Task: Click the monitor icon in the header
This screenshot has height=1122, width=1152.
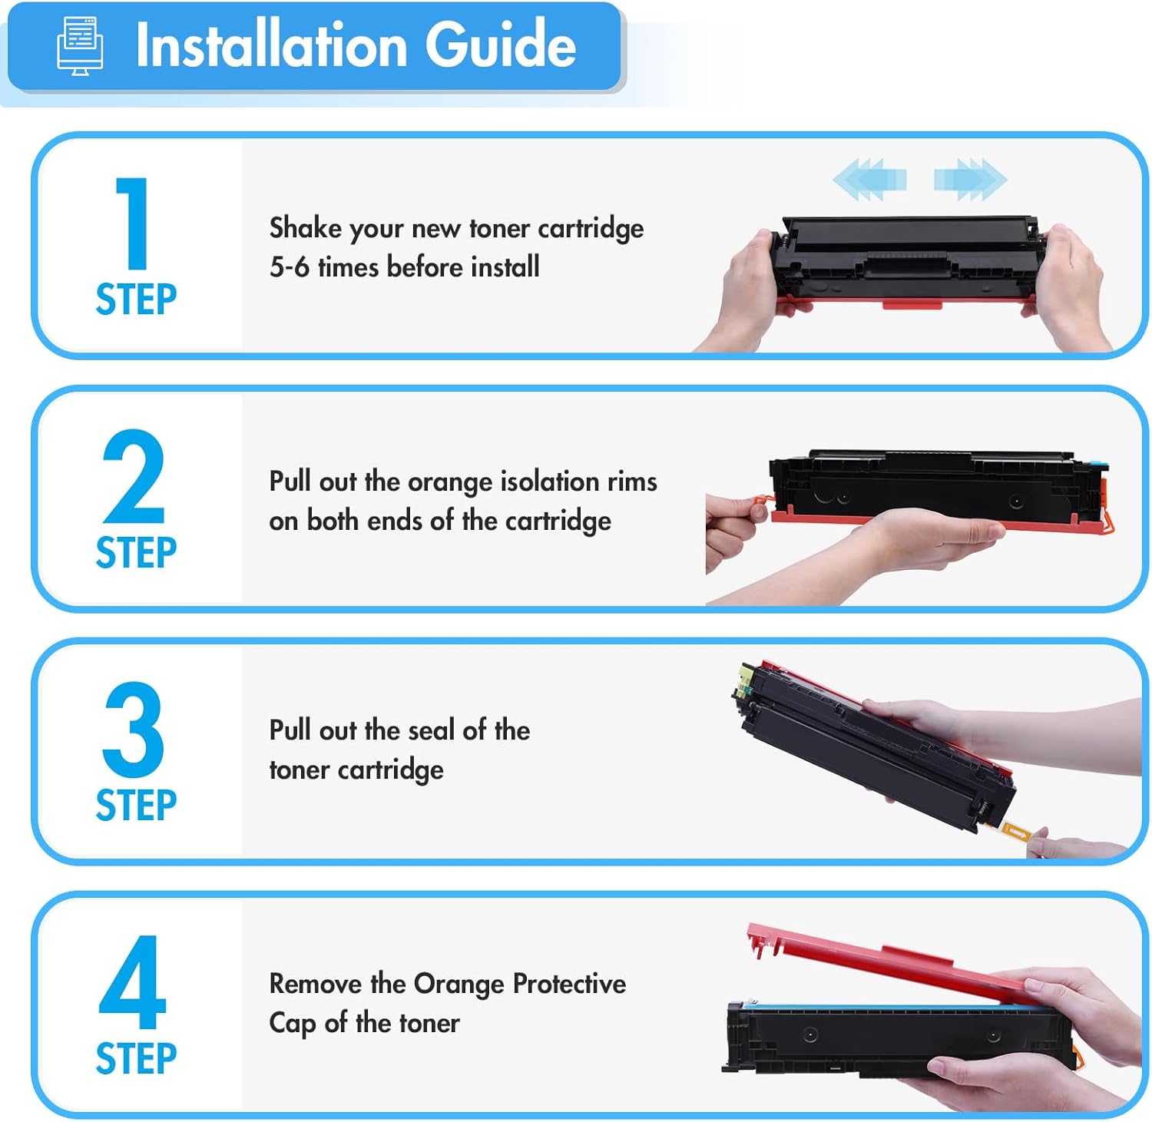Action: pos(80,46)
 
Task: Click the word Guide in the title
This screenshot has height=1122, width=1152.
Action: pos(500,45)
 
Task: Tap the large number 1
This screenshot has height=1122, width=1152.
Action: pos(134,223)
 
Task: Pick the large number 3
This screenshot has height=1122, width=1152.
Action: pos(134,729)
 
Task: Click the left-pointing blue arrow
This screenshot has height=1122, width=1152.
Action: pos(869,180)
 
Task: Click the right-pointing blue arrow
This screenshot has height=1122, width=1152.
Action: pos(970,180)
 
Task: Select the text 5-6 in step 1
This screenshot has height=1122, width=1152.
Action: pos(289,267)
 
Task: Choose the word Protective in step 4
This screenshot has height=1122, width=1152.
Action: pos(569,984)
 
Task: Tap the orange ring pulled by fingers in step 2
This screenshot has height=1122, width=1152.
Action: pos(760,507)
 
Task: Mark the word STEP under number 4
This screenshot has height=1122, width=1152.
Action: pos(136,1059)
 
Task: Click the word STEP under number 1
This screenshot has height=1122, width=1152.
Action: pos(136,300)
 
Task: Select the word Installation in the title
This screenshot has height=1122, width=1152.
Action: pos(271,45)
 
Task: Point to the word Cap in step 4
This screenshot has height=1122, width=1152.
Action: pos(292,1024)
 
